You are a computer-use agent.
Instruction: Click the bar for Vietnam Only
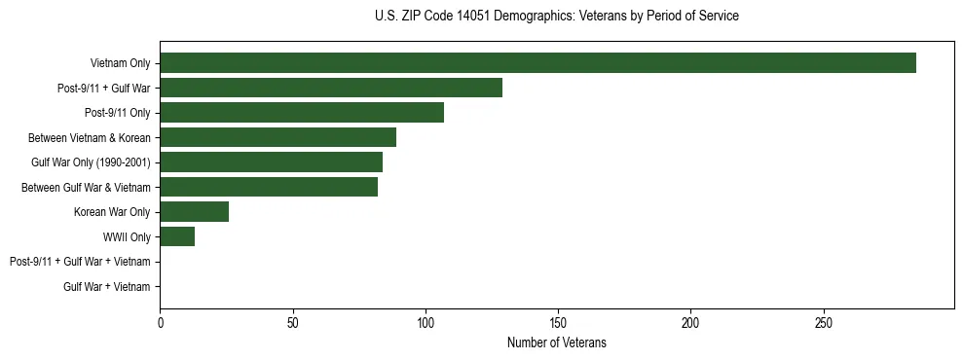tap(537, 63)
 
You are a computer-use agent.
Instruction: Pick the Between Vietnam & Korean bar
tap(278, 137)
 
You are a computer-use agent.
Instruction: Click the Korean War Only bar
tap(194, 212)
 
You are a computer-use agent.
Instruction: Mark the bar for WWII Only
tap(177, 236)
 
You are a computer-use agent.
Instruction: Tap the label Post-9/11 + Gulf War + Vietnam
tap(80, 262)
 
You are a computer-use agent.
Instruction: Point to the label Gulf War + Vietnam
tap(107, 287)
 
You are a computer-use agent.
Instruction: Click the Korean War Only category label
tap(112, 212)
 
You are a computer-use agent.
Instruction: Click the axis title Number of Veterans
tap(556, 342)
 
